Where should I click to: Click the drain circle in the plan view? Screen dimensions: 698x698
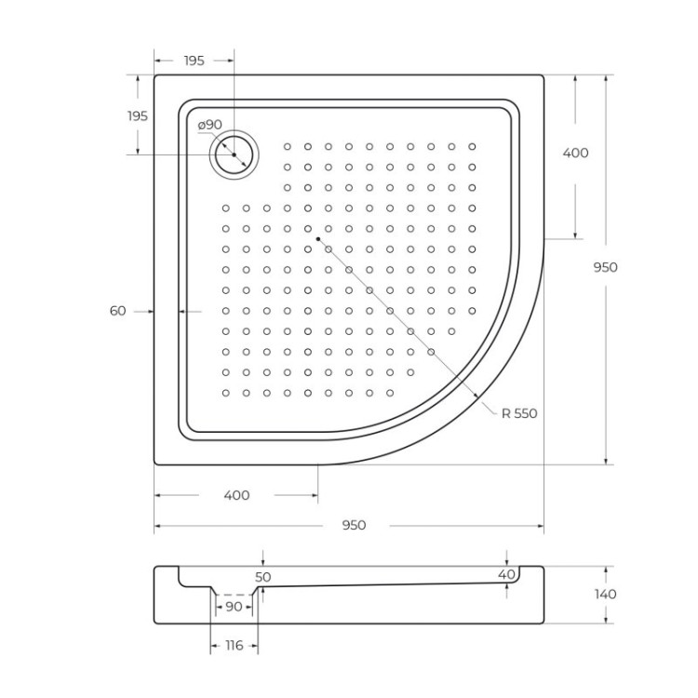pyautogui.click(x=234, y=154)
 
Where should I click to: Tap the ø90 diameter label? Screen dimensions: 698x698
pyautogui.click(x=209, y=125)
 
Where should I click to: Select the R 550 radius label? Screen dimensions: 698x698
pyautogui.click(x=520, y=413)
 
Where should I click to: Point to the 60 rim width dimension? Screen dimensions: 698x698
pyautogui.click(x=117, y=312)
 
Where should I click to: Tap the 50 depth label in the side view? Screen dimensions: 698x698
pyautogui.click(x=263, y=577)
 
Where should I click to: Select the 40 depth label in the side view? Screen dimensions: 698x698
pyautogui.click(x=506, y=575)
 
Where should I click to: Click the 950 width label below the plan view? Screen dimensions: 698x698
pyautogui.click(x=353, y=526)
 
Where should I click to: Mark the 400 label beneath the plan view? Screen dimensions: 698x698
pyautogui.click(x=237, y=495)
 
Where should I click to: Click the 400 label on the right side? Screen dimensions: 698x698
pyautogui.click(x=576, y=153)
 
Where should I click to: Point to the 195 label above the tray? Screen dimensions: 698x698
pyautogui.click(x=194, y=60)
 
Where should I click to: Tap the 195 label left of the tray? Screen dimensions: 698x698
pyautogui.click(x=137, y=116)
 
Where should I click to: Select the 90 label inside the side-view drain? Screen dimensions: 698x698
pyautogui.click(x=233, y=607)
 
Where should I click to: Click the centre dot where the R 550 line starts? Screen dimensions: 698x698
pyautogui.click(x=317, y=239)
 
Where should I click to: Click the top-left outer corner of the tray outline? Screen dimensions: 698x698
pyautogui.click(x=154, y=75)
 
